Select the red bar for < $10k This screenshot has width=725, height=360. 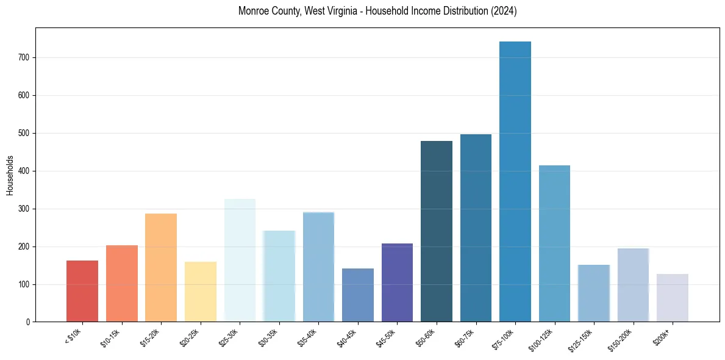pyautogui.click(x=82, y=291)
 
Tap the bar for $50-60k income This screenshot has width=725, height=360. pyautogui.click(x=437, y=231)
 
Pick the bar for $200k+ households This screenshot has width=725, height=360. pyautogui.click(x=673, y=298)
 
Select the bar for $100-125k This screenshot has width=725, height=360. pyautogui.click(x=554, y=243)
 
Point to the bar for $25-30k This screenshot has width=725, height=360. pyautogui.click(x=240, y=260)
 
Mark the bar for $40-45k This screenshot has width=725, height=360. pyautogui.click(x=358, y=295)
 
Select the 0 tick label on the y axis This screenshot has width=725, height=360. pyautogui.click(x=28, y=322)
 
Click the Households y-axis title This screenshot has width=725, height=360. pyautogui.click(x=10, y=175)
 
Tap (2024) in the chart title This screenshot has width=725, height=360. pyautogui.click(x=504, y=12)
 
